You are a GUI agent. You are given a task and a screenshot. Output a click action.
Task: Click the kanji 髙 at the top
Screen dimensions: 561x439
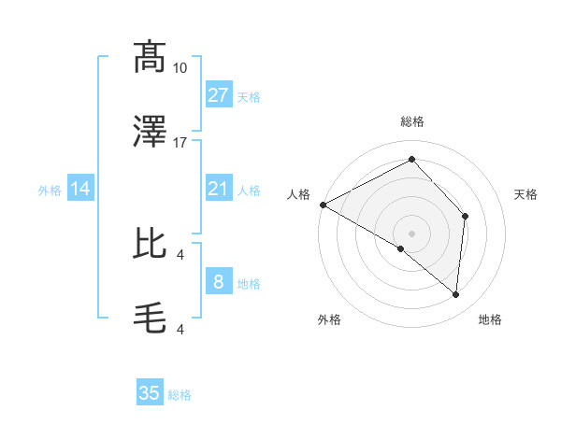[x=150, y=58]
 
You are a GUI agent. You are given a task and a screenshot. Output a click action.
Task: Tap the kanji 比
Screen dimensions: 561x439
[x=150, y=245]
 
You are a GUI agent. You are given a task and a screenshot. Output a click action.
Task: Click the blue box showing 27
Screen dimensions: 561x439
[x=218, y=95]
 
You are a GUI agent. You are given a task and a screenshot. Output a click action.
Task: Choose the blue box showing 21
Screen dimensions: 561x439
[x=218, y=190]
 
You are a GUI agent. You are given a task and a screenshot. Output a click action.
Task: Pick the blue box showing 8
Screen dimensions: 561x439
[x=218, y=282]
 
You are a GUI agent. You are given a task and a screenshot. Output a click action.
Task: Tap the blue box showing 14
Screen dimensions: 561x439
[x=80, y=190]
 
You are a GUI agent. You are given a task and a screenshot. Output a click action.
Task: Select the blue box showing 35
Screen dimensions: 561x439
[x=150, y=393]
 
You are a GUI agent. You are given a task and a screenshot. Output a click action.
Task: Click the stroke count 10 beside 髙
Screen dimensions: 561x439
[x=180, y=67]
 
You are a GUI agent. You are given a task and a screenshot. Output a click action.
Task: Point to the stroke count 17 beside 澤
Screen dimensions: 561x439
[x=180, y=142]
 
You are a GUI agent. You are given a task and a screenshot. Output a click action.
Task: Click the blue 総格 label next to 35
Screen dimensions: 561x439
[x=180, y=395]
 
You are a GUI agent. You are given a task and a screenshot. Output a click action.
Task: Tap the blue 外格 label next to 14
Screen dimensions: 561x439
[x=50, y=191]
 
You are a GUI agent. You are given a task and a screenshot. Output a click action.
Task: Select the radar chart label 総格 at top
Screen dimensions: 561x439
[x=411, y=121]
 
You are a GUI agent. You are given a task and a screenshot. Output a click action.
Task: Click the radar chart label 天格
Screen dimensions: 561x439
[x=526, y=194]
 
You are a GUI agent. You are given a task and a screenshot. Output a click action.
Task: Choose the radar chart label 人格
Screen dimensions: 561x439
[x=298, y=194]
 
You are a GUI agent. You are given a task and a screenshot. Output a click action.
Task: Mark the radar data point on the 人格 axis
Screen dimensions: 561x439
[x=323, y=205]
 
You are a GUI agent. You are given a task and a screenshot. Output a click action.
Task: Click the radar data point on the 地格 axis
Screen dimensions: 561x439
[x=455, y=294]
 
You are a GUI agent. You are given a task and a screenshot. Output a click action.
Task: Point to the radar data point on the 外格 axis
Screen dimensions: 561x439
[x=401, y=248]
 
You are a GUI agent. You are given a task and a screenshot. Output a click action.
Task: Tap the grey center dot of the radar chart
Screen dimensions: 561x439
[x=411, y=233]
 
